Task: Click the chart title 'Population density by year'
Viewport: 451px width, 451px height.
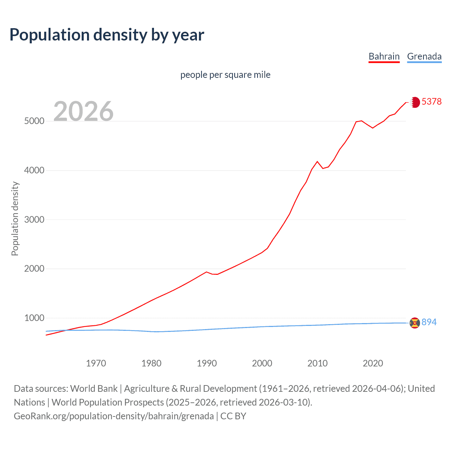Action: point(107,35)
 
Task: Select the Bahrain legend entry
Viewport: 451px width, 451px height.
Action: point(384,56)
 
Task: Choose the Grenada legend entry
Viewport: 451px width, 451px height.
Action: point(424,56)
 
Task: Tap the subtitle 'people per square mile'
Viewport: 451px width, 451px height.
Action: point(225,75)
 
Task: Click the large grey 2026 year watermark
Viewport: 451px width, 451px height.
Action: point(84,111)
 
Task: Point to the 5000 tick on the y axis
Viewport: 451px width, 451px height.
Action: point(34,121)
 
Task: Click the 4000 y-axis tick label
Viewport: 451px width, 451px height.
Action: point(34,170)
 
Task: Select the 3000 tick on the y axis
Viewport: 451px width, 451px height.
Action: point(34,220)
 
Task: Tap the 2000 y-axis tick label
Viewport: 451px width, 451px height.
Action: point(34,268)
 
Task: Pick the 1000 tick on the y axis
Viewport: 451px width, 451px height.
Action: point(34,318)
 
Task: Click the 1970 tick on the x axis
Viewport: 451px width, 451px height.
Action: point(96,363)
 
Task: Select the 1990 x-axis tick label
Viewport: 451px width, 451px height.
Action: point(207,363)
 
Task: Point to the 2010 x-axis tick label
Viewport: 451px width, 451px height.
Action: point(317,363)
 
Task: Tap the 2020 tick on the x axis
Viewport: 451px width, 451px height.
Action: point(373,363)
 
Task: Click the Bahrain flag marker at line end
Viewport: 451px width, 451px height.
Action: point(415,102)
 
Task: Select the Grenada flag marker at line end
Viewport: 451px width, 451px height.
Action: point(415,322)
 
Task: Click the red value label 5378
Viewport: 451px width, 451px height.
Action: point(431,101)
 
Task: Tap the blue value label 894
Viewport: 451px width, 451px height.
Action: point(429,322)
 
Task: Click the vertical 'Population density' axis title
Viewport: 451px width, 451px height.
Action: point(15,218)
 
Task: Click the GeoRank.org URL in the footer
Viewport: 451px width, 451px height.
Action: point(114,416)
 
